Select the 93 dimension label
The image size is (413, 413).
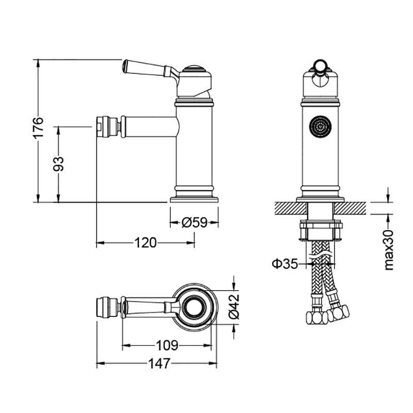pyautogui.click(x=58, y=164)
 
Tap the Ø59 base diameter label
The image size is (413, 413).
pyautogui.click(x=195, y=223)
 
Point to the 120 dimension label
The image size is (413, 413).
pyautogui.click(x=146, y=242)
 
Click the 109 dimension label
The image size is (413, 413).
pyautogui.click(x=167, y=345)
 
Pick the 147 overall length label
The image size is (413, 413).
pyautogui.click(x=160, y=363)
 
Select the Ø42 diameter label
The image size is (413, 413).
pyautogui.click(x=234, y=307)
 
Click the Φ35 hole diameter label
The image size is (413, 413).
pyautogui.click(x=285, y=263)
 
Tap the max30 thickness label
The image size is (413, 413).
pyautogui.click(x=389, y=250)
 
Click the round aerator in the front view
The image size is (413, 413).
pyautogui.click(x=320, y=127)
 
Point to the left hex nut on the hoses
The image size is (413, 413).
pyautogui.click(x=317, y=317)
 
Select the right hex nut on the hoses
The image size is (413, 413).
pyautogui.click(x=339, y=313)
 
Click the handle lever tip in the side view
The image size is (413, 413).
pyautogui.click(x=125, y=66)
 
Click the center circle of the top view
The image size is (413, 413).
pyautogui.click(x=195, y=307)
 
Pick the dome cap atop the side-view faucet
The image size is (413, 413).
pyautogui.click(x=194, y=69)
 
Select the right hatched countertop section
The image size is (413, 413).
pyautogui.click(x=350, y=208)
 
